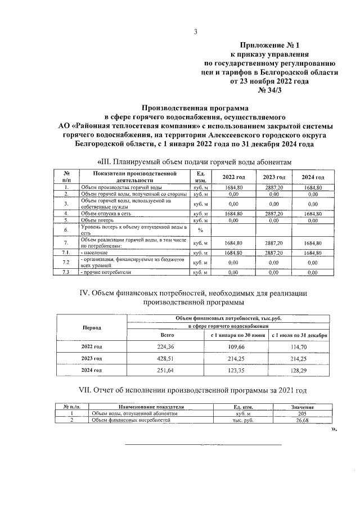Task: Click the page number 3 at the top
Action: click(x=195, y=32)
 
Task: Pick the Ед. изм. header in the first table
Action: click(x=200, y=177)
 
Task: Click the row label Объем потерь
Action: click(x=92, y=221)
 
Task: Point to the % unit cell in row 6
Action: click(x=200, y=230)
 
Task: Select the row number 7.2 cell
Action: click(x=66, y=263)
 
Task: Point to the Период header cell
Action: click(x=92, y=327)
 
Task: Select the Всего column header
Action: click(x=167, y=335)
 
